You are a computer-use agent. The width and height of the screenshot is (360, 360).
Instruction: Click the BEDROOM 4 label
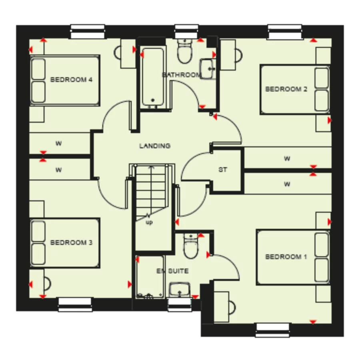pyautogui.click(x=71, y=80)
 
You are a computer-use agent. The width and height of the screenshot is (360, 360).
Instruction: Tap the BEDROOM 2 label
pyautogui.click(x=286, y=89)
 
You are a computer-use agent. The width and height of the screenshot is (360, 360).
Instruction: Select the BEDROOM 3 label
pyautogui.click(x=71, y=242)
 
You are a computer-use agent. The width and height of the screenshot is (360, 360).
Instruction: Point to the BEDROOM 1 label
pyautogui.click(x=286, y=257)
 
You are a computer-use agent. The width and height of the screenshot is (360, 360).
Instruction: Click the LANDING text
pyautogui.click(x=154, y=146)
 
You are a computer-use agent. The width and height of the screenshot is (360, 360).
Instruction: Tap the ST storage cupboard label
pyautogui.click(x=223, y=170)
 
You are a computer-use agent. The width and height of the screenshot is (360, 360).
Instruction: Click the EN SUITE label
pyautogui.click(x=172, y=271)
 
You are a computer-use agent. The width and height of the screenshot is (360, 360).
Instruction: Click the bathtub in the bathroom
pyautogui.click(x=152, y=76)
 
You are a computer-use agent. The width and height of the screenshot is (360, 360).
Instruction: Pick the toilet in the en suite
pyautogui.click(x=190, y=246)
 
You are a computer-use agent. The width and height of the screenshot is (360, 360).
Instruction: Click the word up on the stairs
pyautogui.click(x=149, y=222)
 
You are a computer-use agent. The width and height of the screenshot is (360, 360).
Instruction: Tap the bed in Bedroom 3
pyautogui.click(x=65, y=242)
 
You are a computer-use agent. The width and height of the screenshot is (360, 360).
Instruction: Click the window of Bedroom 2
pyautogui.click(x=284, y=32)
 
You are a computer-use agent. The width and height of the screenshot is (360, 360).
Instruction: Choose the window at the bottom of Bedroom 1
pyautogui.click(x=272, y=330)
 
